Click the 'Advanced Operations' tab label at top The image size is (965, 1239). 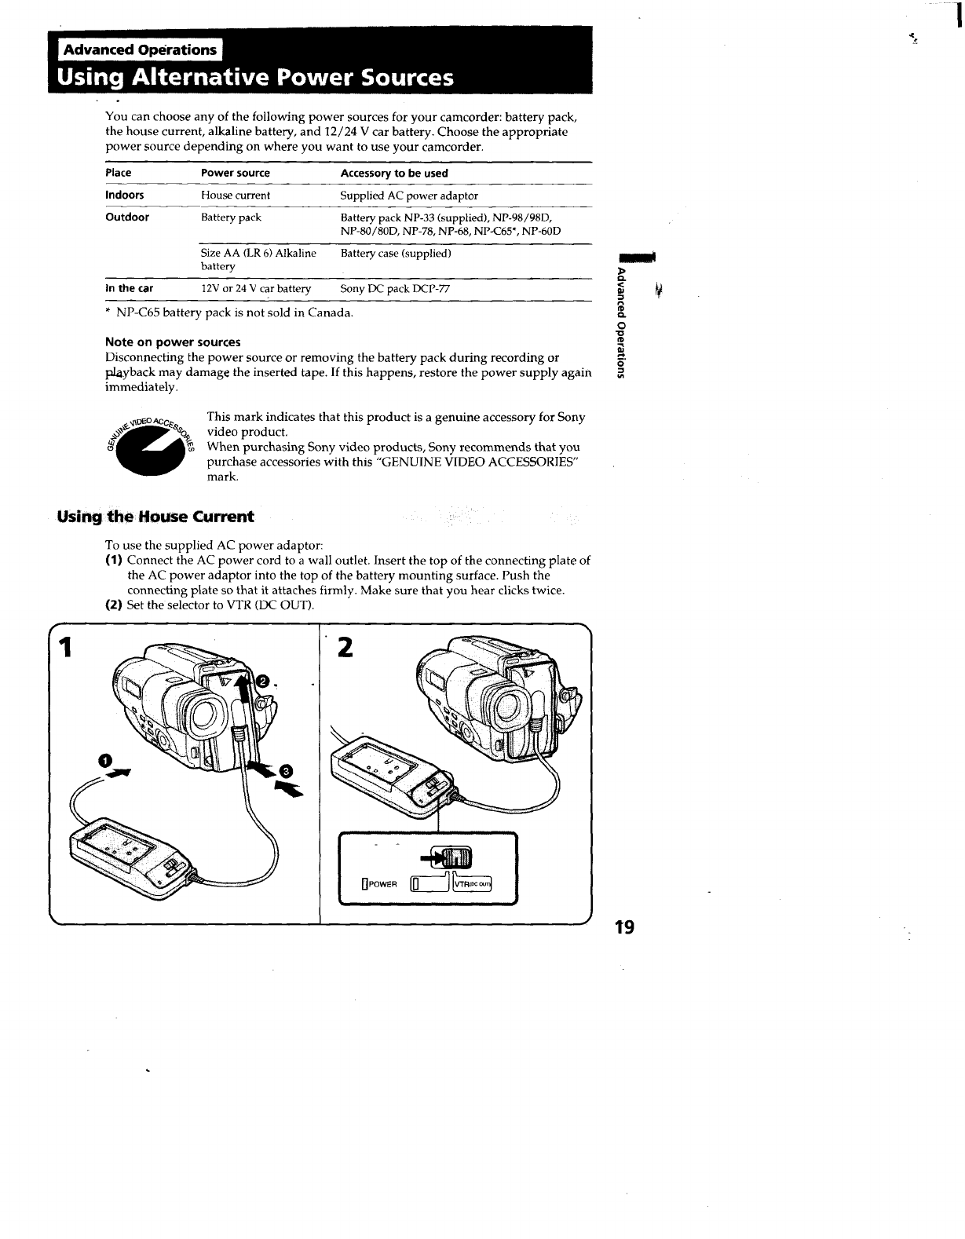[139, 49]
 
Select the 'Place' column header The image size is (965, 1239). [119, 173]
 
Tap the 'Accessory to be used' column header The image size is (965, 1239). [394, 173]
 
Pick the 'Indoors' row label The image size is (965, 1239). [125, 195]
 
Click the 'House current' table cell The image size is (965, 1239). [236, 195]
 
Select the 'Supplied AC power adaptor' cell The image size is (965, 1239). [409, 195]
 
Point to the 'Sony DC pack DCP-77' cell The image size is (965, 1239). [395, 288]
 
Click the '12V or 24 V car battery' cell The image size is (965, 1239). [256, 288]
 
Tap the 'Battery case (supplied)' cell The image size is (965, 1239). [396, 253]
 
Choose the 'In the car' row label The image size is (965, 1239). [130, 288]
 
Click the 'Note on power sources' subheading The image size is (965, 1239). [173, 342]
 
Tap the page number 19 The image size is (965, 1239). [625, 927]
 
